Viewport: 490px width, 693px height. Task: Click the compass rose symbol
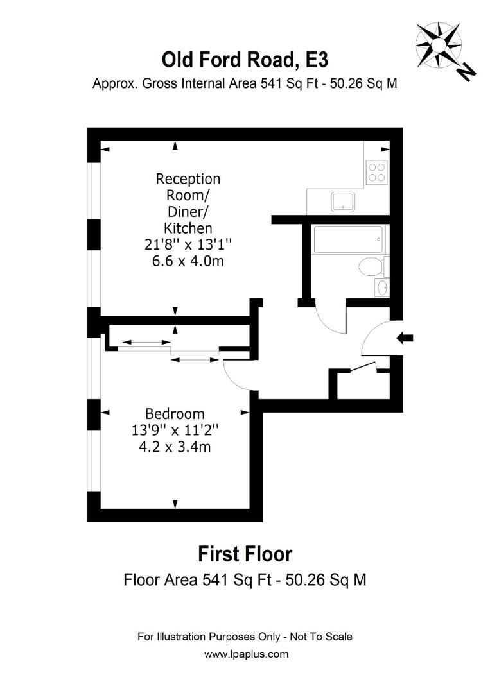[438, 42]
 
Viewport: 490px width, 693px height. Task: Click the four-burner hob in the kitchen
[376, 171]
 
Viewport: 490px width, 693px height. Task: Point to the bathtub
[347, 239]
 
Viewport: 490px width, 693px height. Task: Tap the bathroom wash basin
[380, 287]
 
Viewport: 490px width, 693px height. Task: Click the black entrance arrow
[406, 338]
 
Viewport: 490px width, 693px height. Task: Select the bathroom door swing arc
[331, 318]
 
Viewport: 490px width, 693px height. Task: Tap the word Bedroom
[175, 414]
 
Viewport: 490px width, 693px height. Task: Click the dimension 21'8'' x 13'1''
[188, 244]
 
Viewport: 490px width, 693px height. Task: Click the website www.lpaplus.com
[246, 654]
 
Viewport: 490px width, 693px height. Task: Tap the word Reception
[188, 178]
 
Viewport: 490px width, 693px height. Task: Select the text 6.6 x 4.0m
[188, 261]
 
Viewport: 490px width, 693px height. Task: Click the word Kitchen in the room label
[188, 228]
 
